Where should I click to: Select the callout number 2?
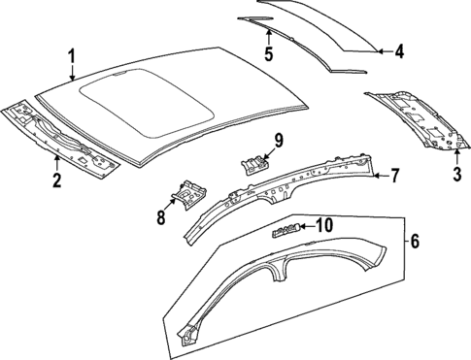(x=56, y=179)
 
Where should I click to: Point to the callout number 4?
(x=399, y=50)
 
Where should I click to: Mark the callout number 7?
(x=394, y=176)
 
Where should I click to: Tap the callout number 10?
(x=324, y=226)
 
